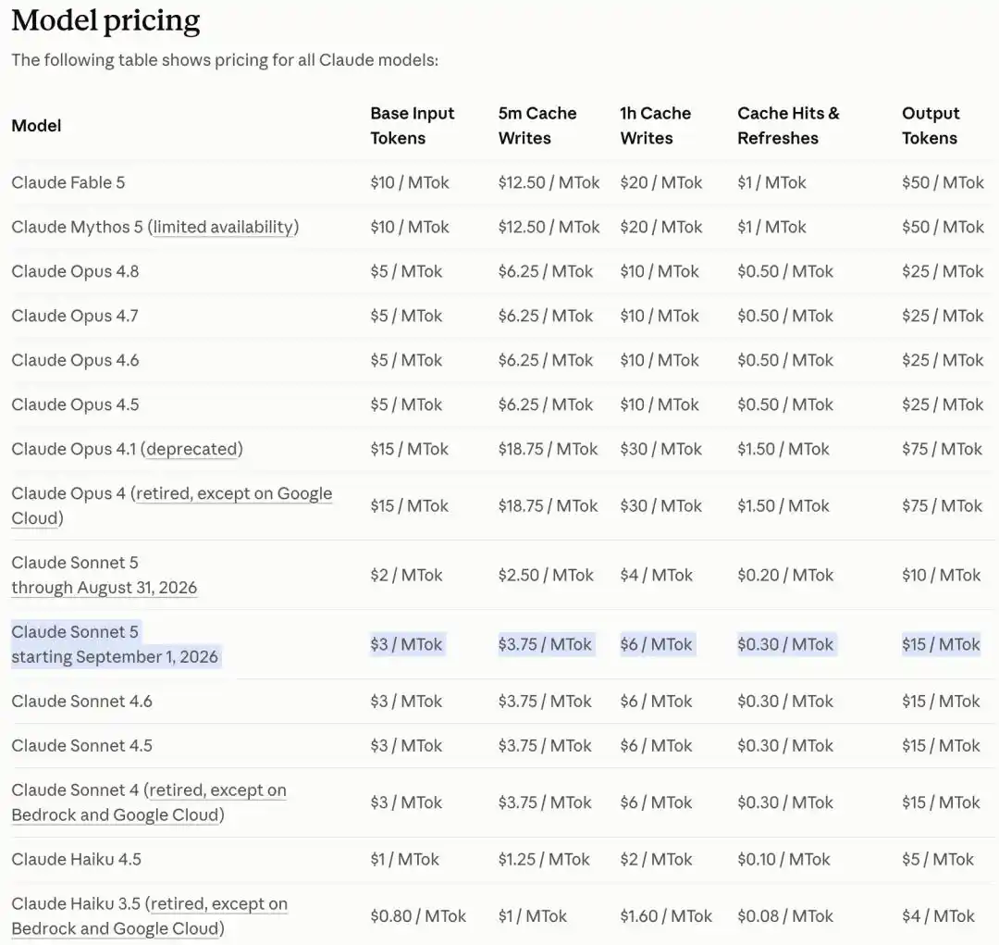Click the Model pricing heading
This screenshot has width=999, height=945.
pos(105,20)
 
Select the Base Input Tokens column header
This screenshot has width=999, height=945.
pos(413,126)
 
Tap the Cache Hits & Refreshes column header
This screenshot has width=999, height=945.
pos(788,126)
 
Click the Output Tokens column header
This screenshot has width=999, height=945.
pos(931,126)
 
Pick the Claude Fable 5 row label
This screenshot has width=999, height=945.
pos(68,182)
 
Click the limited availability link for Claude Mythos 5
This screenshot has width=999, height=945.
pos(223,227)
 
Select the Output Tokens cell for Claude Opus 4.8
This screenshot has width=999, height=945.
pos(943,271)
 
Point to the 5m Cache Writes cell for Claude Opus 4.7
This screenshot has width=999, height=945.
pos(546,316)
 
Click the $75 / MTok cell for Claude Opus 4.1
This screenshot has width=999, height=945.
pos(942,449)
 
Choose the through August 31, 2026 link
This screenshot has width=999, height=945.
pos(104,588)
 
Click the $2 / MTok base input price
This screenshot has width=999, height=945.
pos(406,575)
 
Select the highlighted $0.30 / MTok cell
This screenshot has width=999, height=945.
pos(785,644)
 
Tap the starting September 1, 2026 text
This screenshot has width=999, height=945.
pos(115,657)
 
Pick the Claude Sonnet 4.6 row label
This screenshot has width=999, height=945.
pos(81,702)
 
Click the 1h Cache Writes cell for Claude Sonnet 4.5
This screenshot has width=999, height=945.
pos(656,745)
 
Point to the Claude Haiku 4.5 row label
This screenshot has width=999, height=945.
pos(77,859)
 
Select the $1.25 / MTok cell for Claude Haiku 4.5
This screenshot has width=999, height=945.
pos(544,859)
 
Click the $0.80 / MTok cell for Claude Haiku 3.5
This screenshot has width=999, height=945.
pos(418,916)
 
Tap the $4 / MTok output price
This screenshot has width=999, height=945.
pos(938,916)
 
